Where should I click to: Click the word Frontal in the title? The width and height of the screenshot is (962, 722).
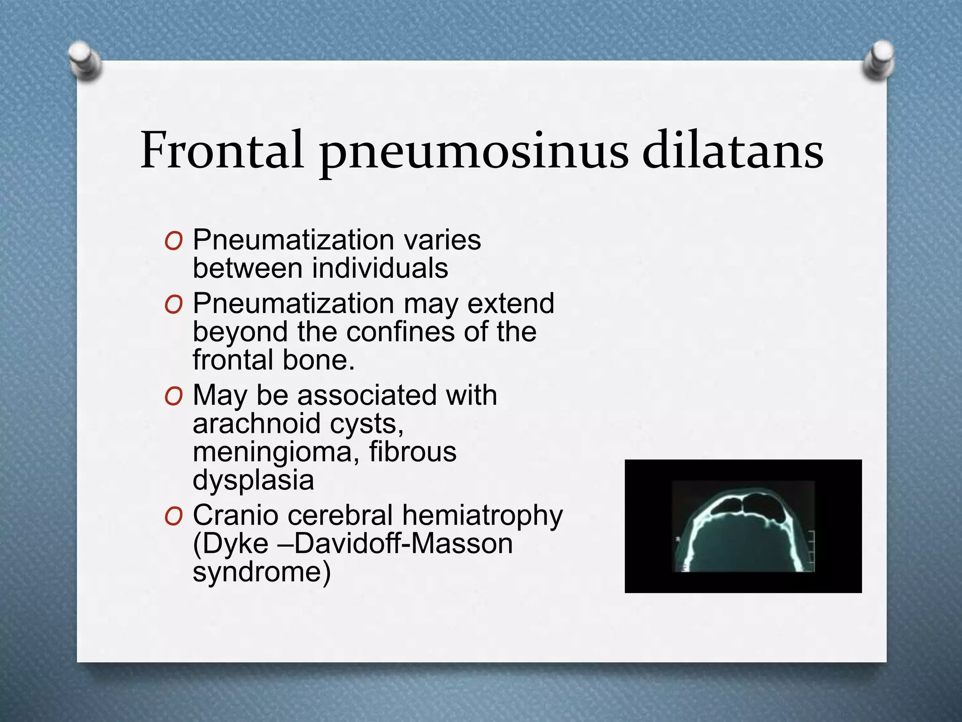(x=222, y=150)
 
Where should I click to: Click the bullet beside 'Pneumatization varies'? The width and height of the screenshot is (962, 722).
(x=173, y=241)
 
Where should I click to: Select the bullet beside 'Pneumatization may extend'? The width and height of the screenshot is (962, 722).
(x=173, y=305)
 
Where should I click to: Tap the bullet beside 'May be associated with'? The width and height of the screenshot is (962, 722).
(x=173, y=397)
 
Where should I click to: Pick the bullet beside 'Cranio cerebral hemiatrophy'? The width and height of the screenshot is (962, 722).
(x=173, y=517)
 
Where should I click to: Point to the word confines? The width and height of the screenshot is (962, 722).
(x=401, y=332)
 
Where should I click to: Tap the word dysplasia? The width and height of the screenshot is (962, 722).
(x=253, y=480)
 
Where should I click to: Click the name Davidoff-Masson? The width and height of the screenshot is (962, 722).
(x=403, y=544)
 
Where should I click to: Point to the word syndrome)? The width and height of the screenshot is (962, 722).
(x=262, y=572)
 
